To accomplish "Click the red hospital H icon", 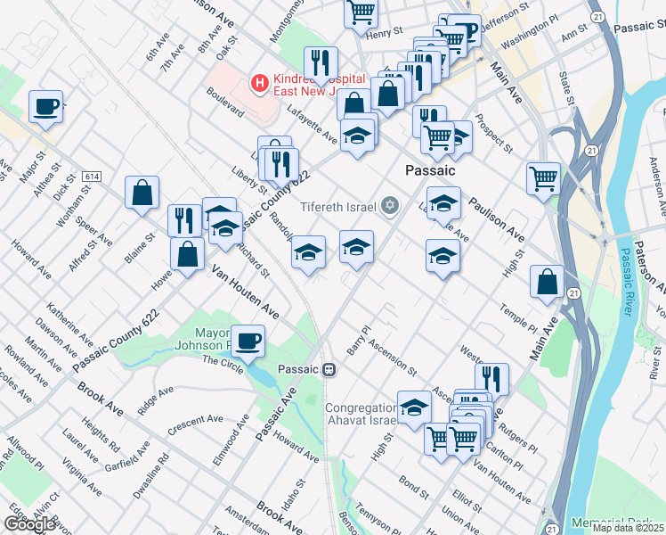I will (259, 84).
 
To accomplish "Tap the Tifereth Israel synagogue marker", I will (389, 206).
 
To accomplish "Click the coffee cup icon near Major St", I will (45, 107).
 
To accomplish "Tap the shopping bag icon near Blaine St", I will (142, 192).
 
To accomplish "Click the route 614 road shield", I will (91, 177).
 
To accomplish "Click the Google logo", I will (29, 524).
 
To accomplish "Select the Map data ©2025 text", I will (628, 528).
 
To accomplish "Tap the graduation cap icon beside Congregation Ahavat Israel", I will (413, 407).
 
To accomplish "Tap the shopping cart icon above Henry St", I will (361, 12).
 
